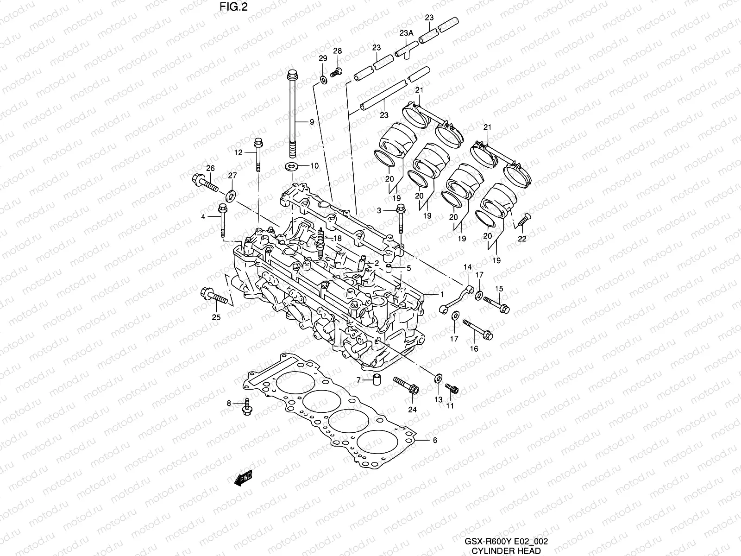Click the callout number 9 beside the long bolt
click(x=312, y=122)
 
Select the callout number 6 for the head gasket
click(x=434, y=441)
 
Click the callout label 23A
click(x=406, y=34)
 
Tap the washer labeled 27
click(x=230, y=194)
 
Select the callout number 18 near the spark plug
click(x=338, y=238)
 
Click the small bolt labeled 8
click(x=246, y=407)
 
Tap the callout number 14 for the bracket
click(x=467, y=267)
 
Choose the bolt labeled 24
click(x=406, y=386)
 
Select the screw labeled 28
click(x=336, y=71)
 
